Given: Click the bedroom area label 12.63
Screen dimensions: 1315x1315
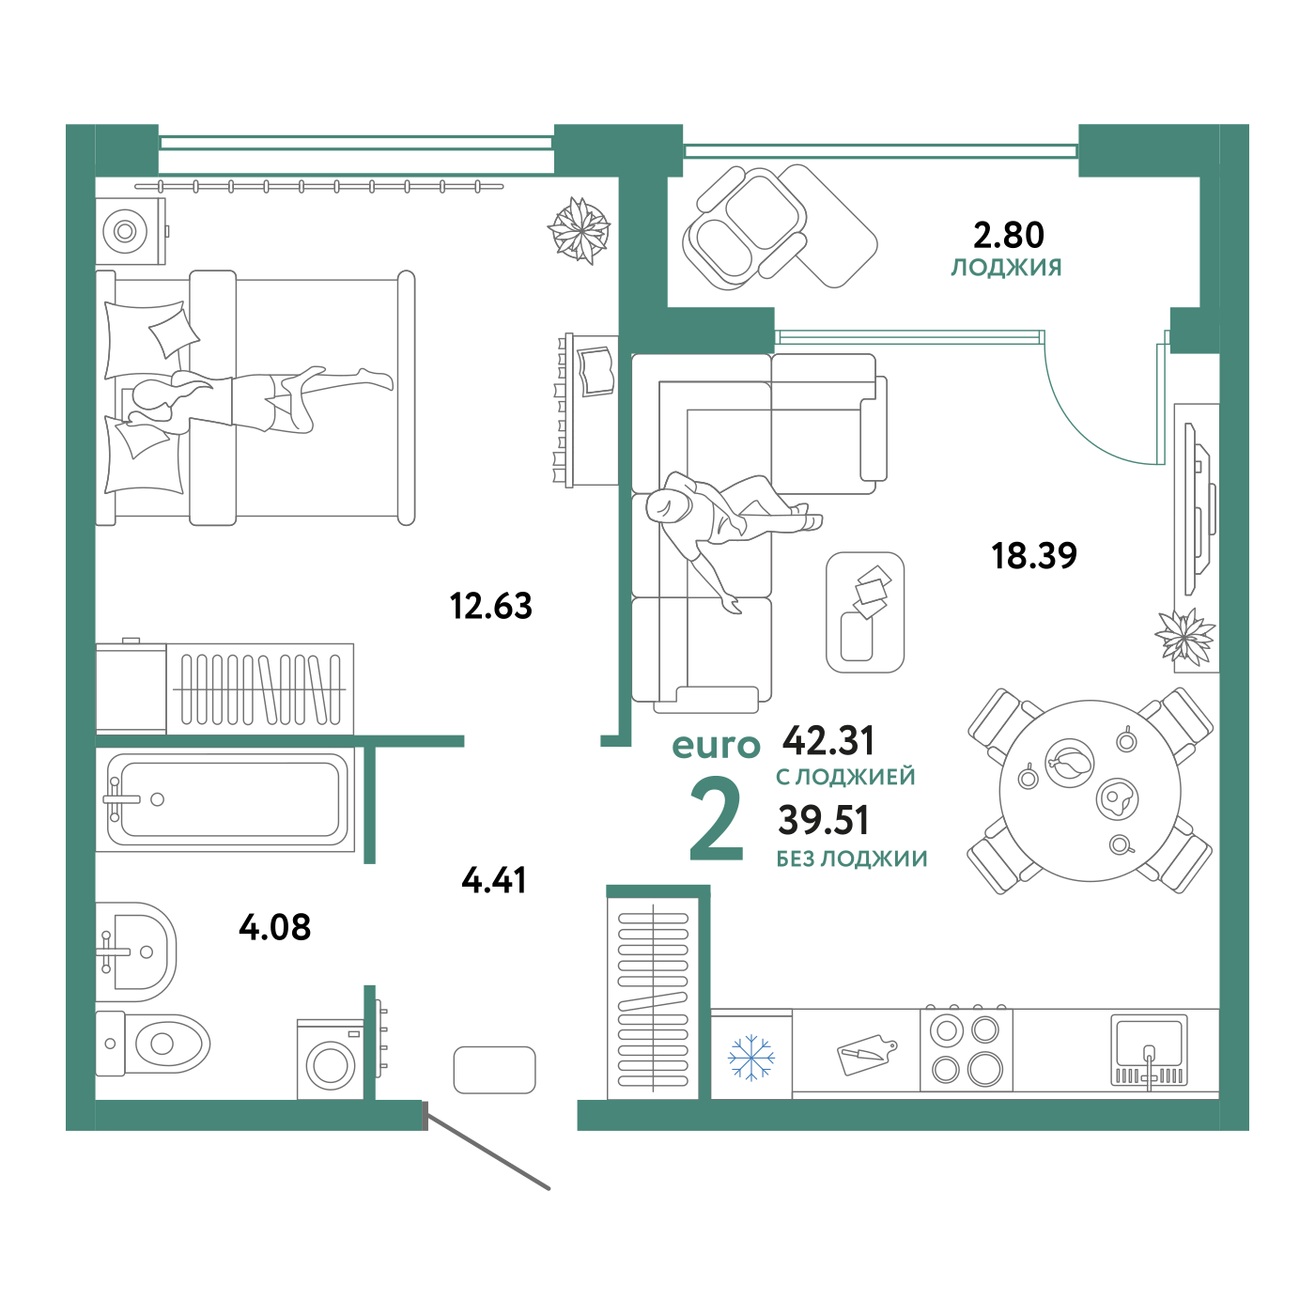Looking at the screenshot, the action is (x=490, y=606).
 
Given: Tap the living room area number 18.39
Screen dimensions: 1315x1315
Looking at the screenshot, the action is (x=1034, y=555).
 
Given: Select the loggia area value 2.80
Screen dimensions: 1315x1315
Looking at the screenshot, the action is (x=1008, y=235).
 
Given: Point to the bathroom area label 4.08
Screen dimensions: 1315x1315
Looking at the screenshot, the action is (x=275, y=927).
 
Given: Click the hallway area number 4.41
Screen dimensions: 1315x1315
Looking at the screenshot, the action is (x=494, y=879).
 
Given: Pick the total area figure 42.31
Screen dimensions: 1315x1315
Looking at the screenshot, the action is (x=828, y=740).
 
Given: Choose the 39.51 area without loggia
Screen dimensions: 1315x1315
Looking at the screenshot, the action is (x=824, y=820).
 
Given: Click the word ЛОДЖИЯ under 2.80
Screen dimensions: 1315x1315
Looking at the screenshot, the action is (x=1007, y=268).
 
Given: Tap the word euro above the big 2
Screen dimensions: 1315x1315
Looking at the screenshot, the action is (x=716, y=746).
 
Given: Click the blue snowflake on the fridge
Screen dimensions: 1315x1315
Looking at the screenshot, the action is (x=751, y=1058).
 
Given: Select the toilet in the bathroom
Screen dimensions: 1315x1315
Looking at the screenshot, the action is (x=152, y=1043).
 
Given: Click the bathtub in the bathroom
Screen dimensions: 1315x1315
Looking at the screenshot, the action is (x=224, y=799).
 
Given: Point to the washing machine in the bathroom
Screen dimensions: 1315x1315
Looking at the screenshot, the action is (x=331, y=1060).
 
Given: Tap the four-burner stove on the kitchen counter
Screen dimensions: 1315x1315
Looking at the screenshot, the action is (x=966, y=1050).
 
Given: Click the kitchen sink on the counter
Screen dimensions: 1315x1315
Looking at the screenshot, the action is (x=1149, y=1051).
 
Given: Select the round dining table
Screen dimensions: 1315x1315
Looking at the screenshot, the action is (x=1090, y=791).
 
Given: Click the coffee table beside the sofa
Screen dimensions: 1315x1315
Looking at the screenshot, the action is (x=864, y=612).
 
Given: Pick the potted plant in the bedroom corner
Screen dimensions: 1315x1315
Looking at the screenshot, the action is (x=580, y=230).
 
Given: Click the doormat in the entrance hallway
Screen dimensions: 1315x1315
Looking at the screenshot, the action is (x=494, y=1070).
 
